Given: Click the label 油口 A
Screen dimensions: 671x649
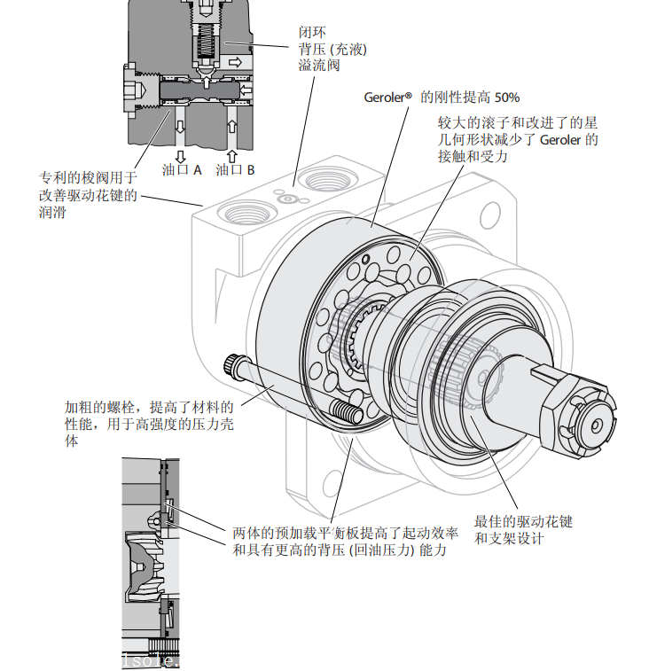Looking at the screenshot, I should (182, 168).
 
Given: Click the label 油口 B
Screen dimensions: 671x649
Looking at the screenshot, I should (236, 168).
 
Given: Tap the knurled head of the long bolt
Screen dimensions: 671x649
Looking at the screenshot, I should (232, 364).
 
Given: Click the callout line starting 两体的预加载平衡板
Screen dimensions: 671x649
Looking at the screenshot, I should (346, 533).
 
